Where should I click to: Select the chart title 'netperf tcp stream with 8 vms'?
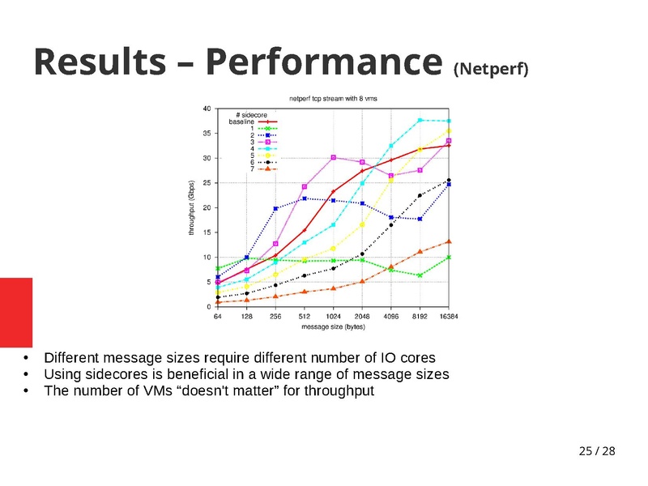point(333,98)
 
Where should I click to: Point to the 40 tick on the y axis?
point(208,109)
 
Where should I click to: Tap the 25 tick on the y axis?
point(208,183)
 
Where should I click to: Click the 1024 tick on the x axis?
point(333,317)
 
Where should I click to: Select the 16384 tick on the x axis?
point(449,317)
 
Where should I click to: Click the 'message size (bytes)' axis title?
point(333,327)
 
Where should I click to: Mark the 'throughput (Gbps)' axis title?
point(192,208)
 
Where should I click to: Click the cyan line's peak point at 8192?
point(420,120)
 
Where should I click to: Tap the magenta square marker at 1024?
point(333,157)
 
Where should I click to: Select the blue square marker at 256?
point(275,209)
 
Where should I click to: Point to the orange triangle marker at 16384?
point(449,241)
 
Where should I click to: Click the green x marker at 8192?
point(420,275)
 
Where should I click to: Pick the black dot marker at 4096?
point(391,225)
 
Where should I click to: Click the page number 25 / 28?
point(596,450)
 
